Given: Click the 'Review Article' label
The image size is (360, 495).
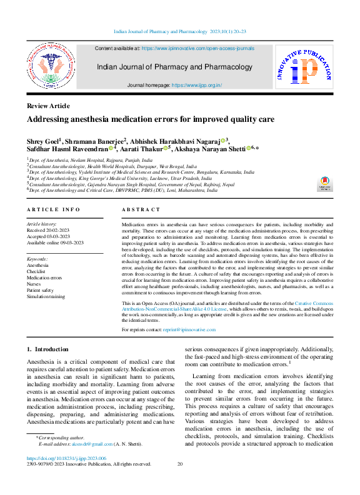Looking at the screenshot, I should [x=48, y=106].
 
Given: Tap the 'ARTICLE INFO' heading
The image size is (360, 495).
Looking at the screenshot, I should [x=53, y=209].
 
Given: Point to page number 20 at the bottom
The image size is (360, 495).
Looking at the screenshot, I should [x=180, y=464].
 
